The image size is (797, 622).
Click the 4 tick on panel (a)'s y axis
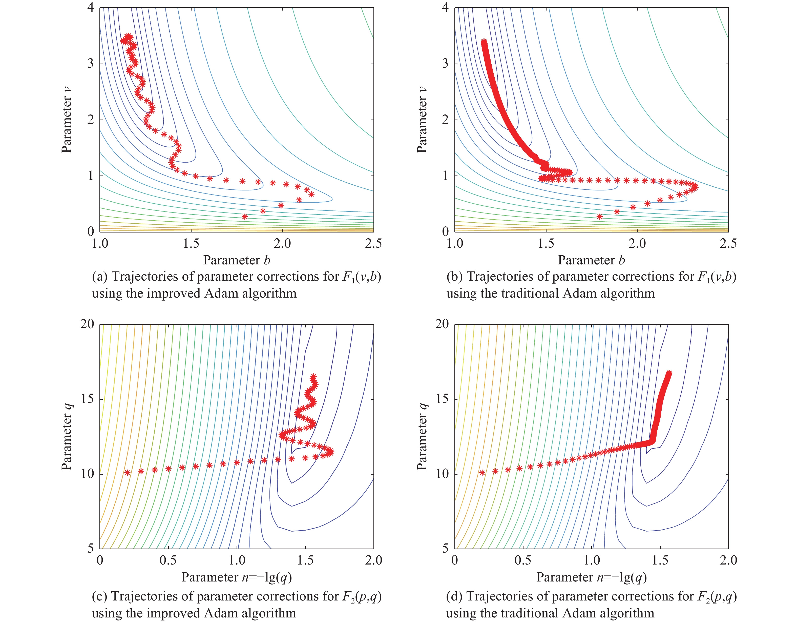91,7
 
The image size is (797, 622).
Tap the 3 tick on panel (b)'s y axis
445,64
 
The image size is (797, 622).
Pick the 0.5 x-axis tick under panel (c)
168,560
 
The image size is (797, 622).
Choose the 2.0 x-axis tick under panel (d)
728,560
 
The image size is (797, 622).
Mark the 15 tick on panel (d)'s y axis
442,399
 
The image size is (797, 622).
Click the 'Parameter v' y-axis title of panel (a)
66,120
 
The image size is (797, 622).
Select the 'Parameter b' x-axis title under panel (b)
591,260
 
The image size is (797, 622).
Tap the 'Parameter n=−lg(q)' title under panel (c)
237,577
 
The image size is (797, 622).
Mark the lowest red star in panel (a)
244,217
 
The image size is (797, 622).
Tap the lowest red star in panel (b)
599,217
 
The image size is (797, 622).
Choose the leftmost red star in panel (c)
127,473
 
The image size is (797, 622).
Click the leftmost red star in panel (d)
482,473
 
